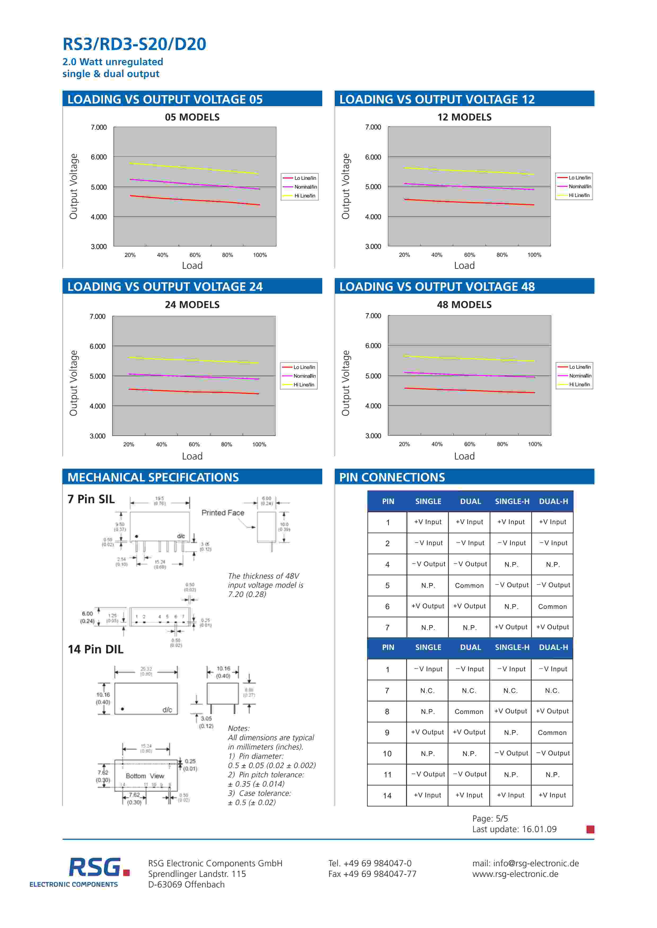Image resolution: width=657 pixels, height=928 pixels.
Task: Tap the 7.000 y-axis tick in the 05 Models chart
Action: pos(98,127)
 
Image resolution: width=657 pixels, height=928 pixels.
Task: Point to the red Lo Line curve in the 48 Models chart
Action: pos(469,390)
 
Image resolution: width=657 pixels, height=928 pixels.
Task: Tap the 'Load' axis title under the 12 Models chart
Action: pos(464,266)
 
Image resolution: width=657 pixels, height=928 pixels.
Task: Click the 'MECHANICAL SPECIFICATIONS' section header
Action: pos(153,477)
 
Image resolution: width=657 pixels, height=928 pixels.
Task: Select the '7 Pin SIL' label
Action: pos(91,499)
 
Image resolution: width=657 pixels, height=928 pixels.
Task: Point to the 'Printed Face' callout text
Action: pos(223,512)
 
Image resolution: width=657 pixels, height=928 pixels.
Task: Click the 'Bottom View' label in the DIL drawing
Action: pos(144,776)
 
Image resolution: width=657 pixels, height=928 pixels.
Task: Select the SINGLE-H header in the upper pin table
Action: pos(512,501)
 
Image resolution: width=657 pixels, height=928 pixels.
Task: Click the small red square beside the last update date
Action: pos(590,829)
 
